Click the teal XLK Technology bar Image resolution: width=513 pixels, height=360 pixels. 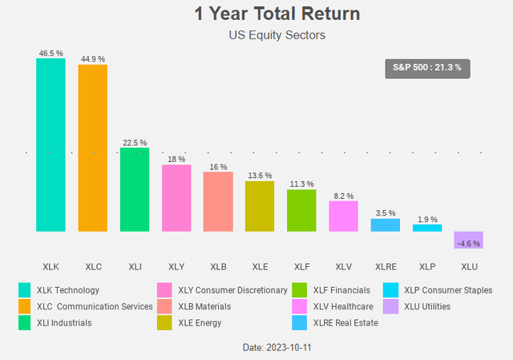50,144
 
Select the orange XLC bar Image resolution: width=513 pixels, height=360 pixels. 92,148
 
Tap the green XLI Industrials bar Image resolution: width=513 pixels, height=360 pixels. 134,189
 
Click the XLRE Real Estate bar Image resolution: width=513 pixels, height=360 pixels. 385,225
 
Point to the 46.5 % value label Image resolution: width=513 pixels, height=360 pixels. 50,52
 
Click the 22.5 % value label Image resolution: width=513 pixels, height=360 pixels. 134,142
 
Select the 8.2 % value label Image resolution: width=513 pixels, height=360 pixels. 343,196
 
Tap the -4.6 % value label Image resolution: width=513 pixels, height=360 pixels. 468,244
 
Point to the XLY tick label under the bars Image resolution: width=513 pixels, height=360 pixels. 176,265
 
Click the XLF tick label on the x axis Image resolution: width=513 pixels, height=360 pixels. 301,265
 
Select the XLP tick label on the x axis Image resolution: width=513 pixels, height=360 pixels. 426,265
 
